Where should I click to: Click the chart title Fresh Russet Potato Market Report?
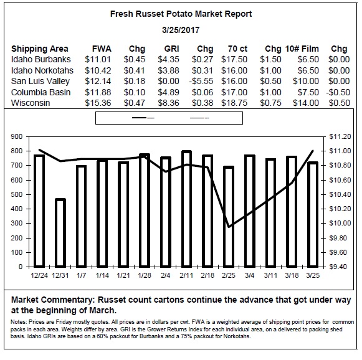point(181,14)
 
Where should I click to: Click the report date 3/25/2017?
point(181,30)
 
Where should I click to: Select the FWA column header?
point(102,49)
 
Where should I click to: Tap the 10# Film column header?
point(302,49)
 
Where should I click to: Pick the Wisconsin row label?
point(31,103)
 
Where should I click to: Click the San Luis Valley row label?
point(40,81)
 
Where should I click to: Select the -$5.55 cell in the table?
point(201,81)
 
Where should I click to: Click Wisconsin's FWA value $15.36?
point(98,103)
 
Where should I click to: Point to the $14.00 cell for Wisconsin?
point(306,103)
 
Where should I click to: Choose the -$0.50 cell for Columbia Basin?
point(338,92)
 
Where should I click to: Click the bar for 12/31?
point(60,232)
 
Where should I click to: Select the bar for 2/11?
point(186,209)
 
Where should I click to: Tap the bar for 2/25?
point(229,217)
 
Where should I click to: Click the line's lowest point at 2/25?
point(229,227)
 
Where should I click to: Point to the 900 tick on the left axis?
point(17,136)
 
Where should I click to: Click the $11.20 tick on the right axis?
point(340,136)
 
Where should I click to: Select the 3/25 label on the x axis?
point(313,275)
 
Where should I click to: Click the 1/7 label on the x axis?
point(81,275)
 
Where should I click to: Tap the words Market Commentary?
point(53,300)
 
